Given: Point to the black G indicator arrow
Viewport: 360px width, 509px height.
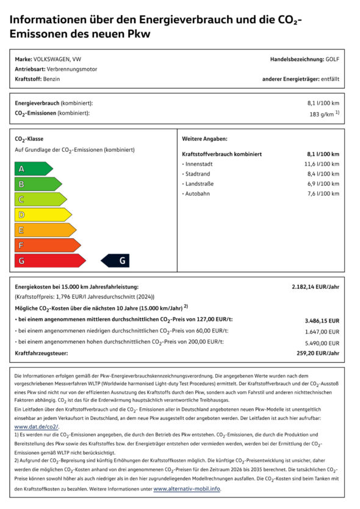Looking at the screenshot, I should pos(116,260).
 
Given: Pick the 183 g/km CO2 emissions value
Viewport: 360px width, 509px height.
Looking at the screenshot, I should pos(324,113).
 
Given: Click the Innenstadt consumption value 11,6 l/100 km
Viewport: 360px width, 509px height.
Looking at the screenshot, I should pos(322,164).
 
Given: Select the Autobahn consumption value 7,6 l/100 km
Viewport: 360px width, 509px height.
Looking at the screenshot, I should pos(323,193).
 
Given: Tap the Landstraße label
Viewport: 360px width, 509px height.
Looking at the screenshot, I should pos(201,183).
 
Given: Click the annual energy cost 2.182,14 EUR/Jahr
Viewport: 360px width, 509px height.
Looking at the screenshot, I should pos(315,287).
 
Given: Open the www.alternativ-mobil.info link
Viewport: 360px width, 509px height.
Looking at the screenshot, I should pos(187,489).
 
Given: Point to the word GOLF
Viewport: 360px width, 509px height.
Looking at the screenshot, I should pos(333,59).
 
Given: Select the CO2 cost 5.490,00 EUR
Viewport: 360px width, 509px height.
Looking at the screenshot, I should pos(322,342).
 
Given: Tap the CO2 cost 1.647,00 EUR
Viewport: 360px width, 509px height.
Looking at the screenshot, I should pos(322,331).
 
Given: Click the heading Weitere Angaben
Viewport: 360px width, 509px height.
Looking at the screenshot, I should pos(204,139).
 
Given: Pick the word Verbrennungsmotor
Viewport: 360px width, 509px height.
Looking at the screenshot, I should pos(71,69).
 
